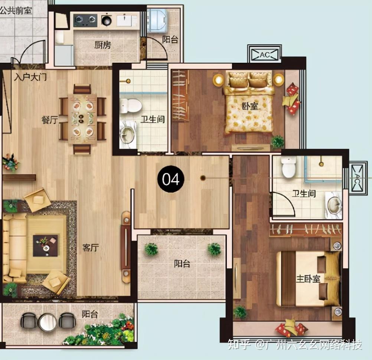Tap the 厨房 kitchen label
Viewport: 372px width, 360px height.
coord(102,45)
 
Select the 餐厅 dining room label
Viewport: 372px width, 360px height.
coord(50,120)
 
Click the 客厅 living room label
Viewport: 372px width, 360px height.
coord(90,248)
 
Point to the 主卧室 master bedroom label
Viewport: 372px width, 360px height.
coord(308,279)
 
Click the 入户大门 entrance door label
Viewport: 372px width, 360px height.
coord(30,77)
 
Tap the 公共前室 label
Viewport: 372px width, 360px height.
coord(16,11)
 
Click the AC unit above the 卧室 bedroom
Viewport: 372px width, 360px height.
coord(265,55)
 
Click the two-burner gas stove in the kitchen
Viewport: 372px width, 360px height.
coord(85,20)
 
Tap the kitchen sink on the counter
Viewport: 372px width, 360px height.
coord(124,20)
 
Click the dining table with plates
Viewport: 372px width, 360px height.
coord(82,119)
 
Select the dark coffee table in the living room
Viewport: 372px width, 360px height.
coord(45,245)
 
